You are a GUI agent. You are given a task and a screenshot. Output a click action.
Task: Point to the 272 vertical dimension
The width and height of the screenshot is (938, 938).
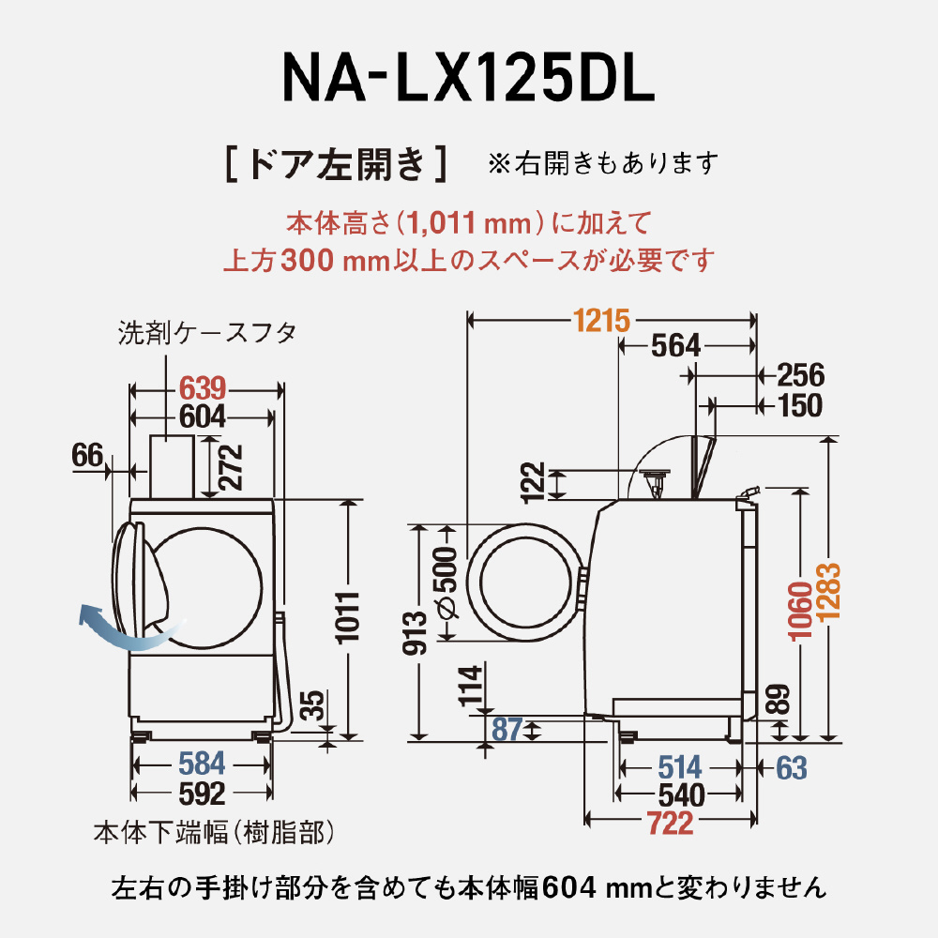(231, 466)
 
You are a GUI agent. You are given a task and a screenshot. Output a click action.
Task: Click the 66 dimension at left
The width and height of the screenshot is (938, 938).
(86, 456)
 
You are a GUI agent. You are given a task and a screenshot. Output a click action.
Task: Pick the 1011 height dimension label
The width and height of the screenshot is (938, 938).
(347, 617)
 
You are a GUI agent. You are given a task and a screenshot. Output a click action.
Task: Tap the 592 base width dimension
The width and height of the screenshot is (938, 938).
(203, 794)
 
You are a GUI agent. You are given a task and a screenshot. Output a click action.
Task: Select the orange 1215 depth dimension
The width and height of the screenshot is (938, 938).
(601, 321)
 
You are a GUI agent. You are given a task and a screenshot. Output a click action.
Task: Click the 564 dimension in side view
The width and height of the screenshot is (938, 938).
(675, 346)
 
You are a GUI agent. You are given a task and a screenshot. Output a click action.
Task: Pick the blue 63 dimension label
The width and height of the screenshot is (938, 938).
(792, 767)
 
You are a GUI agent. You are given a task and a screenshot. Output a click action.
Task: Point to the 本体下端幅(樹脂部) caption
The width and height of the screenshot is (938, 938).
(214, 831)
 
